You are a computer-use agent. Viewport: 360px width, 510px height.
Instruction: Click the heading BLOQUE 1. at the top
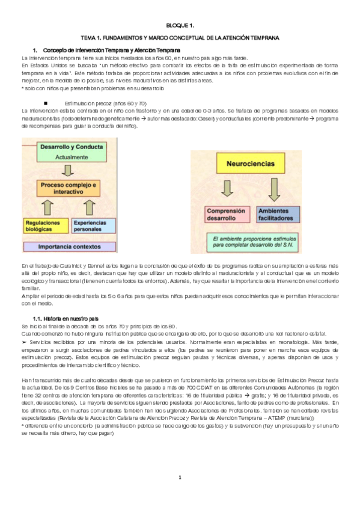[x=180, y=26]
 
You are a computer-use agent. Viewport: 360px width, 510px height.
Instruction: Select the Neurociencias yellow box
[x=246, y=164]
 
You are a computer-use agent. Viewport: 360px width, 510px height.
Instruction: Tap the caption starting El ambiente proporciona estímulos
[x=246, y=242]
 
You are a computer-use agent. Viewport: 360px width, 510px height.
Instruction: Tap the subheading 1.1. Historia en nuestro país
[x=66, y=318]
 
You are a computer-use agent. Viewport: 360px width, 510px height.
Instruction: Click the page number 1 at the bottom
[x=179, y=477]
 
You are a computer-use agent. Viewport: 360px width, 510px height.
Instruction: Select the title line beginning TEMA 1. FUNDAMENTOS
[x=180, y=38]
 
